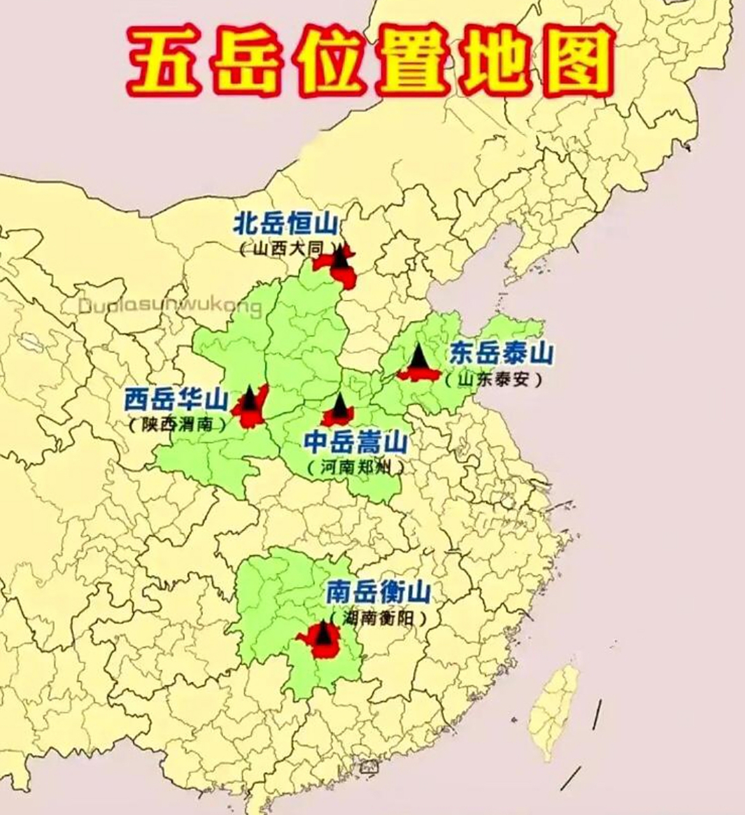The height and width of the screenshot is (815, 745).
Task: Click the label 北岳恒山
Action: (287, 225)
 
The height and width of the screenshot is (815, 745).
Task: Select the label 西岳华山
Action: (176, 400)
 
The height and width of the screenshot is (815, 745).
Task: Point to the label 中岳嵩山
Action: (355, 441)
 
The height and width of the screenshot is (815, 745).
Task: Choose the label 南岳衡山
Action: (378, 593)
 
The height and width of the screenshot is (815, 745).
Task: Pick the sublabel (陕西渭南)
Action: (177, 425)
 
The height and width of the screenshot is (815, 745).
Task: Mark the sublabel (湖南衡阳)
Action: (377, 618)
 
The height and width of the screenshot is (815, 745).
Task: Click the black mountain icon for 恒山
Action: (343, 257)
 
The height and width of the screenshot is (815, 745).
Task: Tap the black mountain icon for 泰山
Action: (419, 358)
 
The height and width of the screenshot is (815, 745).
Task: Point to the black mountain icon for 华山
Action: (250, 399)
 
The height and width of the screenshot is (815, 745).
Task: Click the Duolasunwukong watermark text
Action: (170, 307)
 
